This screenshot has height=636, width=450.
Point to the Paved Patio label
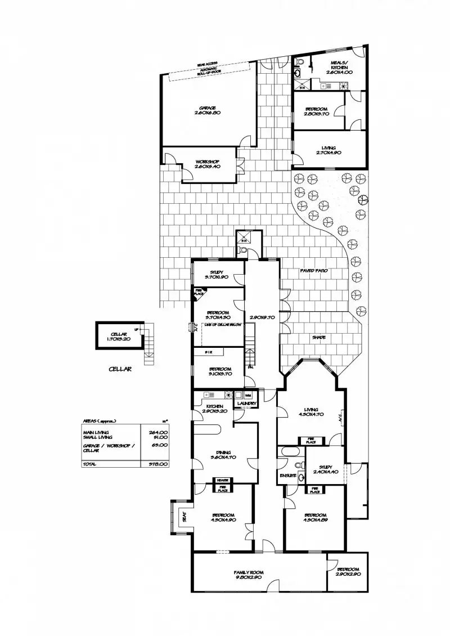[314, 271]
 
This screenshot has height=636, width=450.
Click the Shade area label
[319, 338]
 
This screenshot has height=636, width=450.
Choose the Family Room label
[249, 572]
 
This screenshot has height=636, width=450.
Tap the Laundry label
[247, 404]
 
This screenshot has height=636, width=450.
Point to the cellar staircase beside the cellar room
[147, 344]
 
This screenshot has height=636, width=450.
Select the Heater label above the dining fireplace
[219, 480]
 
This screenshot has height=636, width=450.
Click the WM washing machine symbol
[247, 396]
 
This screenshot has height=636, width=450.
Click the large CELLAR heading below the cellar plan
[120, 369]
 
